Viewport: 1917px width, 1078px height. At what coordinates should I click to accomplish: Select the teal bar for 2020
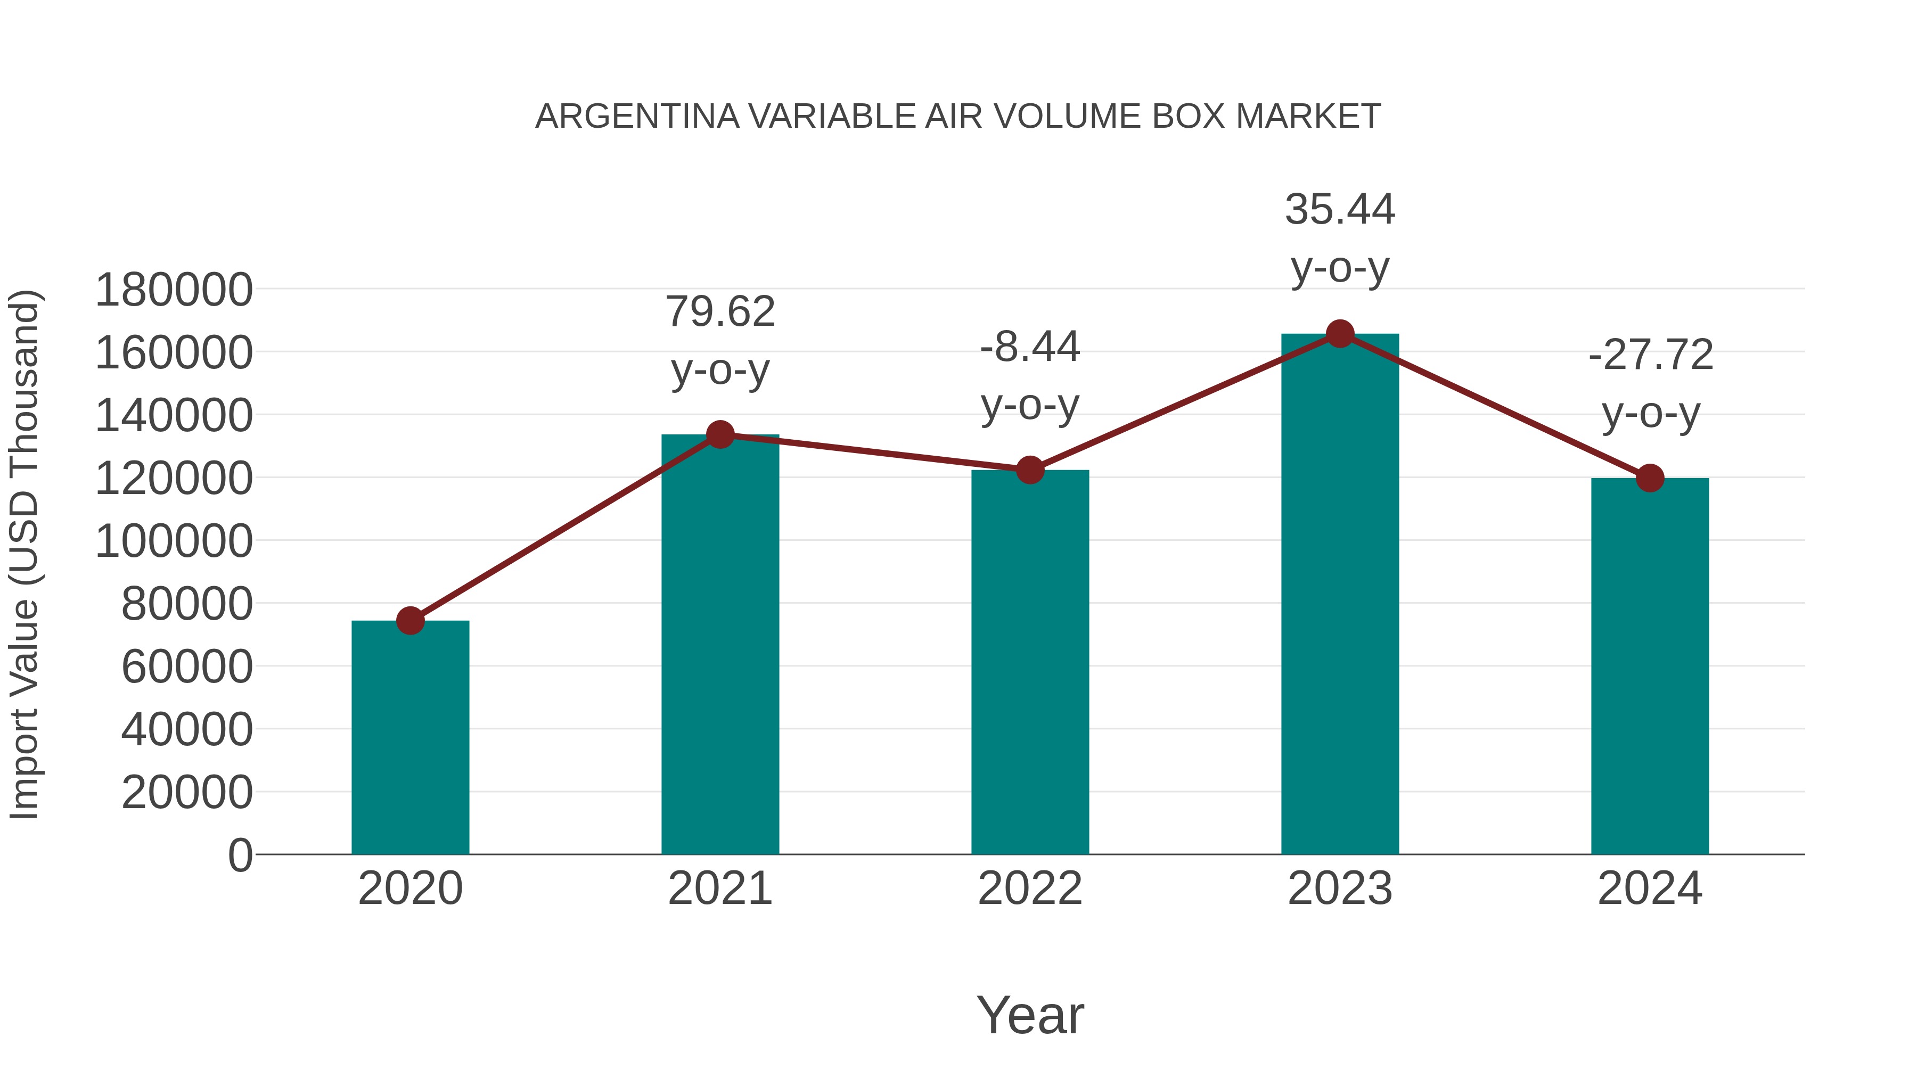410,737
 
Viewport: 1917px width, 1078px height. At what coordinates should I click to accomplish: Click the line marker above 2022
1030,470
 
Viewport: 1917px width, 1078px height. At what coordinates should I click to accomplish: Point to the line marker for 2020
410,621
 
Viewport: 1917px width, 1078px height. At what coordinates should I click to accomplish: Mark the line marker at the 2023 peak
1340,334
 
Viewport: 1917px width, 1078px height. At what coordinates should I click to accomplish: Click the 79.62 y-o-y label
719,341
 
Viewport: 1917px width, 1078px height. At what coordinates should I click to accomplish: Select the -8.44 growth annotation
1030,376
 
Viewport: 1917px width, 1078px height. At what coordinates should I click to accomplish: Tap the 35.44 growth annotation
1340,238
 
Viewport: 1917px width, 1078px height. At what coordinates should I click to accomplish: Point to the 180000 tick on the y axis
174,290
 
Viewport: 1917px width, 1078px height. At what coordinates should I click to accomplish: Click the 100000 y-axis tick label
174,541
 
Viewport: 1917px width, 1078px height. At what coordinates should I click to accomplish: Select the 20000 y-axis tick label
187,792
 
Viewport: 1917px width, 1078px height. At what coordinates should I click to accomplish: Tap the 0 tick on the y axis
240,855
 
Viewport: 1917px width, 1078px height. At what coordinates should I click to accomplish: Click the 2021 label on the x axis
719,888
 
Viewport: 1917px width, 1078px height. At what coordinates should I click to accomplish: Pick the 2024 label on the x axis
1650,888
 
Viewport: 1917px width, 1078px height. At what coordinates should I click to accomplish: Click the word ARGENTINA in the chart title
637,117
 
